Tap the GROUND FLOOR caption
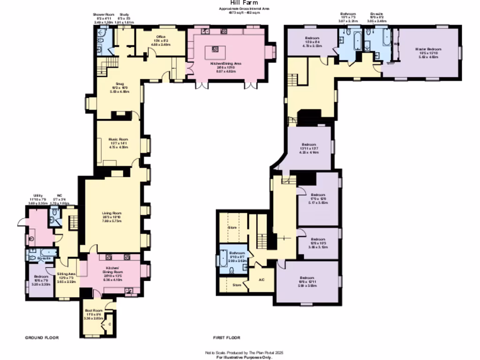coord(42,337)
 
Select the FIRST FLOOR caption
coord(226,337)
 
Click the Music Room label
coord(118,140)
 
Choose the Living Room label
coord(112,214)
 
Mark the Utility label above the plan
coord(38,195)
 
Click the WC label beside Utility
coord(60,195)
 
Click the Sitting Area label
coord(66,273)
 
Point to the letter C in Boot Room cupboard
coord(110,323)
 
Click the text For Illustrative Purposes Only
coord(244,357)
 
